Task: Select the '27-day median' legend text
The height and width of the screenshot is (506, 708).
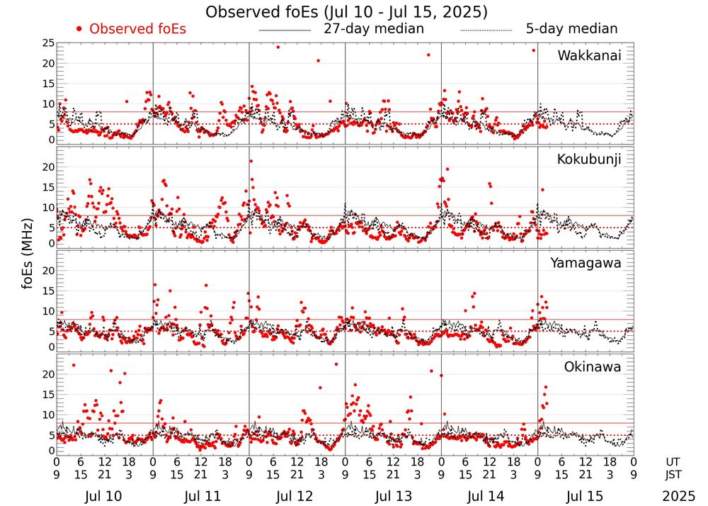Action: tap(374, 29)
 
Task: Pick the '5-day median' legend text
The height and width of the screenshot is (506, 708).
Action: tap(571, 29)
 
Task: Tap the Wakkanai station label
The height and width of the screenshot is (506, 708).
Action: tap(589, 55)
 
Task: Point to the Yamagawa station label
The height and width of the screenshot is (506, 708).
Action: tap(586, 263)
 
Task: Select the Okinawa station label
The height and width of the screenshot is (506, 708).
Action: tap(593, 367)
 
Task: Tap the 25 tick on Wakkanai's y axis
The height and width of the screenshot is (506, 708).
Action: tap(47, 44)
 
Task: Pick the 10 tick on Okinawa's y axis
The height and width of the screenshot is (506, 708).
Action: tap(47, 415)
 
